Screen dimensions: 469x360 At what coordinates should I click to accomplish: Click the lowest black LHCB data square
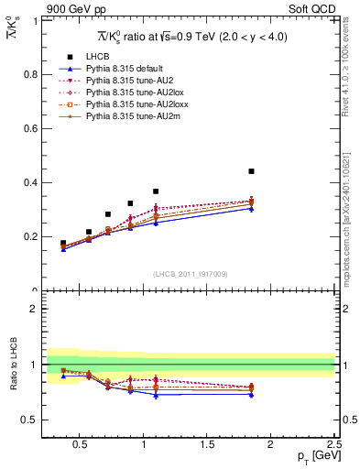(x=63, y=243)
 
